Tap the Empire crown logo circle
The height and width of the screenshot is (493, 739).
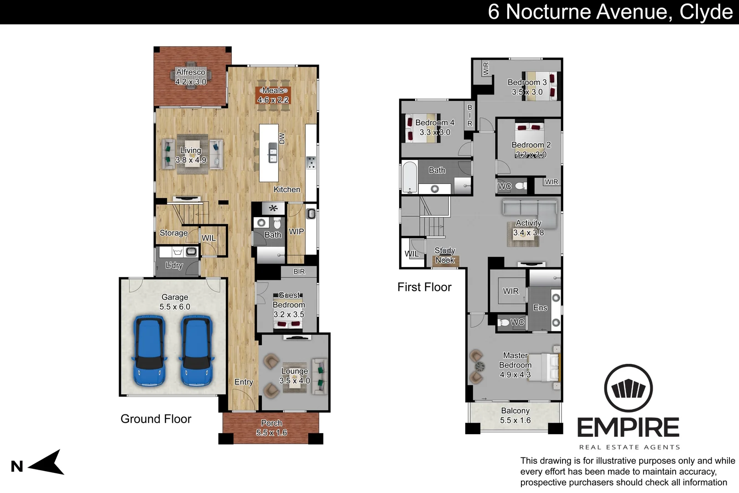(628, 388)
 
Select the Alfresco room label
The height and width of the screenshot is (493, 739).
(191, 72)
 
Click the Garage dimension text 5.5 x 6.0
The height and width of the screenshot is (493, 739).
(175, 307)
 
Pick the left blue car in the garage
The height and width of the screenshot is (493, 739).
(149, 351)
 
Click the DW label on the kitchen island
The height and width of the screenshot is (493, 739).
(282, 138)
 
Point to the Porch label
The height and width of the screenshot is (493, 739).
(271, 423)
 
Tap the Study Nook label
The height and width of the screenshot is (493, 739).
(445, 256)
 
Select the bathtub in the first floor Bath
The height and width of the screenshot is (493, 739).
(410, 177)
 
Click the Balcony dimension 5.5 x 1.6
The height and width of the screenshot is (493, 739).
(515, 420)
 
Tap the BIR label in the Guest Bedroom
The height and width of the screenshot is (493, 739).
(299, 272)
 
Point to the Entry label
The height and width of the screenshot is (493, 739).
(244, 382)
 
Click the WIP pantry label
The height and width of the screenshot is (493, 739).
(296, 232)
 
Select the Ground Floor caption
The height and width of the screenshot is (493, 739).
(156, 419)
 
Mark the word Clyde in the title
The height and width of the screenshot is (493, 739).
(706, 12)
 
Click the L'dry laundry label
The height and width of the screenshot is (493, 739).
(174, 265)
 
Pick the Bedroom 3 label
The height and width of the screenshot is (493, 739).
(527, 83)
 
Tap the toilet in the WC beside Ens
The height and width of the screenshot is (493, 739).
(505, 323)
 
